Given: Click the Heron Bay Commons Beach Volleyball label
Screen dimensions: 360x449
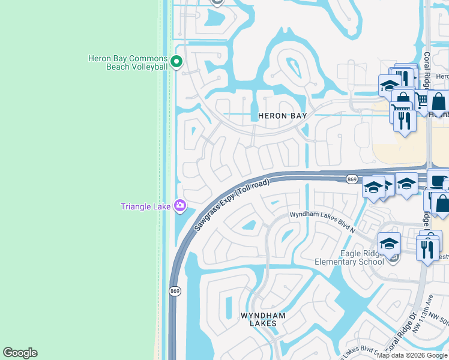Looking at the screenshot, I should click(127, 62).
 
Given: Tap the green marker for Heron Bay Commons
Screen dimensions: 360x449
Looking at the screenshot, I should click(176, 61).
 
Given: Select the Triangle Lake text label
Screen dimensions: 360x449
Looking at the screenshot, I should click(146, 207).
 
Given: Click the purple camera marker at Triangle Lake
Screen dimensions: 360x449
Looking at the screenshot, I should click(179, 206).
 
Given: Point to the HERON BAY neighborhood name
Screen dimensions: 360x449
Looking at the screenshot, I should click(282, 116).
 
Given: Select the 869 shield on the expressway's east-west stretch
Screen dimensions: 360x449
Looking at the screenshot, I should click(352, 179).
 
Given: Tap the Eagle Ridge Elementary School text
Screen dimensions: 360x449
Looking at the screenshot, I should click(349, 257).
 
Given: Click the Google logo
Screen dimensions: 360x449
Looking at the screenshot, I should click(20, 353).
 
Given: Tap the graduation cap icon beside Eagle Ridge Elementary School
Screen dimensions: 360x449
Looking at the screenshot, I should click(389, 244).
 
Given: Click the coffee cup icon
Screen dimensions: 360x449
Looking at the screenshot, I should click(438, 180).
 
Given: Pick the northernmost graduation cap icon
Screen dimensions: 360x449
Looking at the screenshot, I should click(389, 85).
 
